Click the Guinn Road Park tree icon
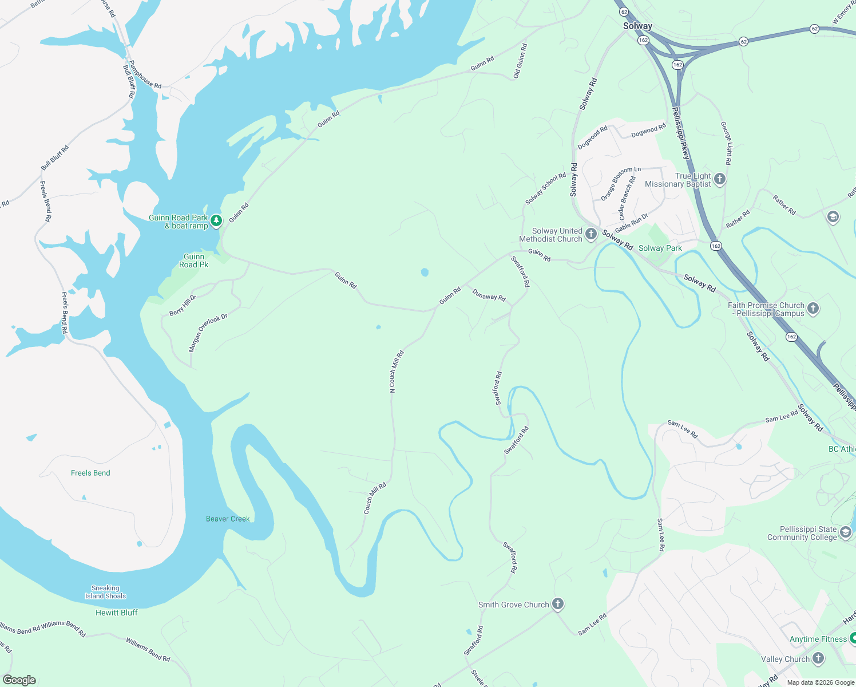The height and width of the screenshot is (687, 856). click(x=216, y=220)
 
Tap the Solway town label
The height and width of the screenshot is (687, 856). click(x=637, y=26)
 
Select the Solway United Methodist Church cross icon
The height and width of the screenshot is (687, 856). click(x=591, y=234)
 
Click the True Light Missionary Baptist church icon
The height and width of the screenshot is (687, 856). click(x=720, y=179)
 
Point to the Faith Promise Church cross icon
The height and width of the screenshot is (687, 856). click(x=813, y=309)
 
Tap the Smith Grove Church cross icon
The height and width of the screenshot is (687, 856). click(x=557, y=604)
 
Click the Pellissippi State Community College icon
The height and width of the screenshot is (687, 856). click(x=846, y=533)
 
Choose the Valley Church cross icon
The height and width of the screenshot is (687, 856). click(x=818, y=658)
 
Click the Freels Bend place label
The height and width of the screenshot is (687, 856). click(x=90, y=473)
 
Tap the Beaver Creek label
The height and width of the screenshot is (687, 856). click(x=228, y=519)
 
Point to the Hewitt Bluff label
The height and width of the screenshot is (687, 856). click(x=117, y=613)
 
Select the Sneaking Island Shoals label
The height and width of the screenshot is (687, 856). click(x=105, y=592)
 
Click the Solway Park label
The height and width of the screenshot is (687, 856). click(x=660, y=248)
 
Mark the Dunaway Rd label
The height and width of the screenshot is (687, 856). click(x=489, y=296)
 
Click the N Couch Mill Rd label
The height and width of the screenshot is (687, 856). click(x=397, y=372)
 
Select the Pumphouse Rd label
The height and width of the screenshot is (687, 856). click(x=145, y=75)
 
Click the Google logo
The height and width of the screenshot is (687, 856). click(x=19, y=680)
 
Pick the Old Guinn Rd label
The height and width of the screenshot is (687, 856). click(x=520, y=61)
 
